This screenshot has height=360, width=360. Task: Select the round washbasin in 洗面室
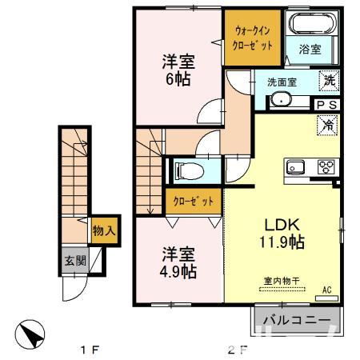(281, 98)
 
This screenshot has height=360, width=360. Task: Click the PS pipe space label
(326, 104)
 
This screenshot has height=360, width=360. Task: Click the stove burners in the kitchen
(326, 167)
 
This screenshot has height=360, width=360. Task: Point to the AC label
(326, 290)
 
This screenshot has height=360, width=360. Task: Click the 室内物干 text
(278, 281)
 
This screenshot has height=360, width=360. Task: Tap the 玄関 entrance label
(72, 260)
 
